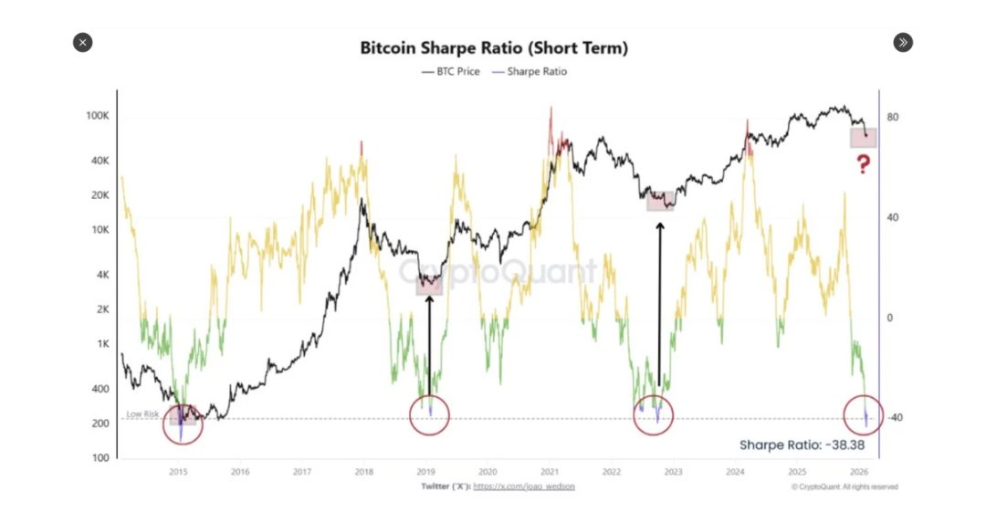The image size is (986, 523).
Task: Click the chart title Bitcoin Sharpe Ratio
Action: tap(493, 47)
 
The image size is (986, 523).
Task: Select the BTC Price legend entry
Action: tap(451, 71)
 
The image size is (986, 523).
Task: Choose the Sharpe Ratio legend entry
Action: tap(530, 71)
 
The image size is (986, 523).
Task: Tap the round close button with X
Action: tap(82, 42)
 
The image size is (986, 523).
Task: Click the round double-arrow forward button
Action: tap(902, 42)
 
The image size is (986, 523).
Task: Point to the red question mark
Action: tap(863, 165)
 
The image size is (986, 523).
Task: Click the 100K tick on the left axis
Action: tap(98, 117)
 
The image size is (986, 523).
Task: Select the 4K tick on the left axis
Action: tap(101, 275)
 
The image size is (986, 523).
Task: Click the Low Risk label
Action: tap(142, 413)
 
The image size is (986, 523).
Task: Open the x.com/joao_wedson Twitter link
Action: tap(525, 486)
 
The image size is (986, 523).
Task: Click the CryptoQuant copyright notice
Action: tap(844, 486)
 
